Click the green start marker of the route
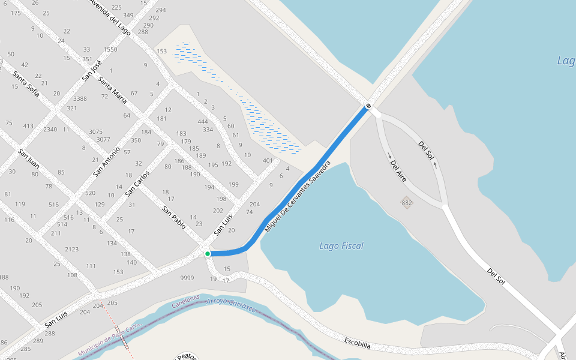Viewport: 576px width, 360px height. [208, 254]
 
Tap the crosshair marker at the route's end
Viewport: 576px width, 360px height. [368, 107]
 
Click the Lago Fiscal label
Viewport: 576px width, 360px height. [341, 246]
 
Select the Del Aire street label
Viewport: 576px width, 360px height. [398, 171]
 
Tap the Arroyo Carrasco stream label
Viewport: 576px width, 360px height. [230, 304]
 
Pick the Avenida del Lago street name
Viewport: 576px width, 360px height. [110, 17]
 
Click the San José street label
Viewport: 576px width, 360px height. [92, 70]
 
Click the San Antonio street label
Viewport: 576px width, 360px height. [107, 161]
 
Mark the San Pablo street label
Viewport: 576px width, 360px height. [174, 218]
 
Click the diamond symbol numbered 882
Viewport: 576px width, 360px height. [407, 203]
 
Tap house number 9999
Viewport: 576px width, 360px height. [187, 278]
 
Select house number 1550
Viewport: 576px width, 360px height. [110, 49]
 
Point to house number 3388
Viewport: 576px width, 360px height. [80, 98]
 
